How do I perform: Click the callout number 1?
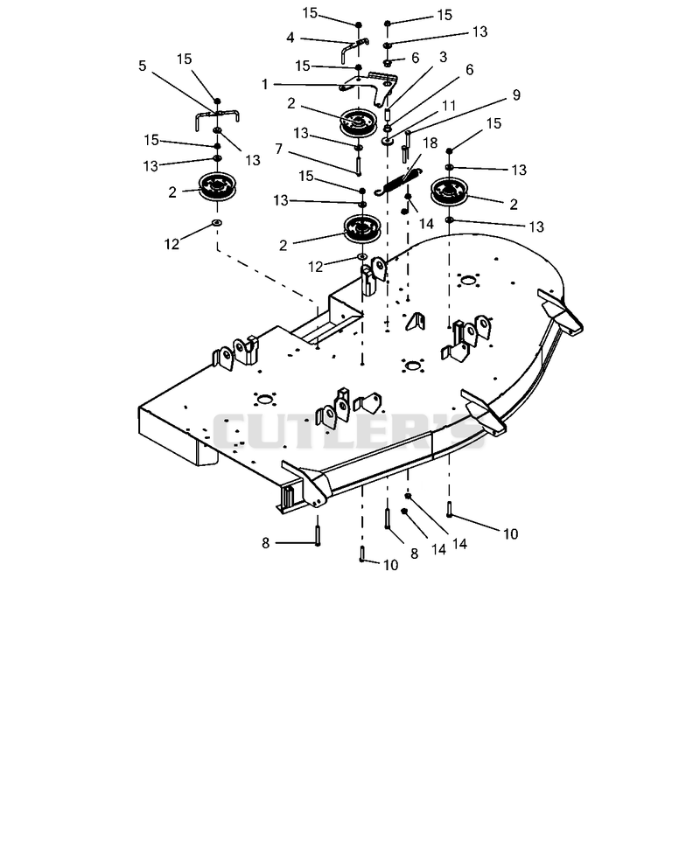(x=264, y=84)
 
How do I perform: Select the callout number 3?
(x=443, y=57)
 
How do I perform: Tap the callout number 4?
(x=290, y=38)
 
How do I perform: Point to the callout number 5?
(x=143, y=66)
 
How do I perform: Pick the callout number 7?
(x=279, y=149)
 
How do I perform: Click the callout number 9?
(x=516, y=94)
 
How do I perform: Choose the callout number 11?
(x=449, y=105)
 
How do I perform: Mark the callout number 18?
(x=430, y=143)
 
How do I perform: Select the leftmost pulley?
(x=217, y=188)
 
